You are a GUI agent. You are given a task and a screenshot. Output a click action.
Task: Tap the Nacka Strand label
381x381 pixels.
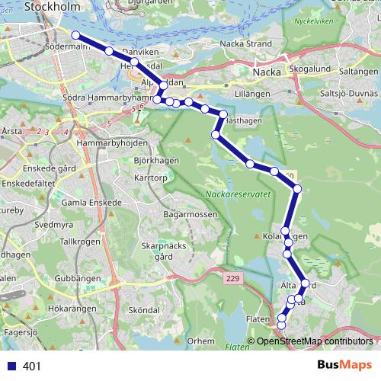coord(245,43)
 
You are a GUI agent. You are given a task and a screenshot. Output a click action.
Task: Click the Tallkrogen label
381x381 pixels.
coord(80,241)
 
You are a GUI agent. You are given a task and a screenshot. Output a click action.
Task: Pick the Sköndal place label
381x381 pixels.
coord(145,311)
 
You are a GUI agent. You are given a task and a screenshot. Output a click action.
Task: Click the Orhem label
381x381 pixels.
coord(201,341)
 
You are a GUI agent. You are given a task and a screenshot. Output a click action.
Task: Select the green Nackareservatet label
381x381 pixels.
coord(238,194)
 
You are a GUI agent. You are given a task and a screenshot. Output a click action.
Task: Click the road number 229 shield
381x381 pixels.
coord(232,280)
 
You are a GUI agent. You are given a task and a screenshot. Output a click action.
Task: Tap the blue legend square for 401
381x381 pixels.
coord(12,366)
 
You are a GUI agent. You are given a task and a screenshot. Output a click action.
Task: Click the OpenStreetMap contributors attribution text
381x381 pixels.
coord(314,341)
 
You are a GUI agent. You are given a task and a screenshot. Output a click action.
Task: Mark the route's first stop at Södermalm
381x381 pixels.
coord(75,35)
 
